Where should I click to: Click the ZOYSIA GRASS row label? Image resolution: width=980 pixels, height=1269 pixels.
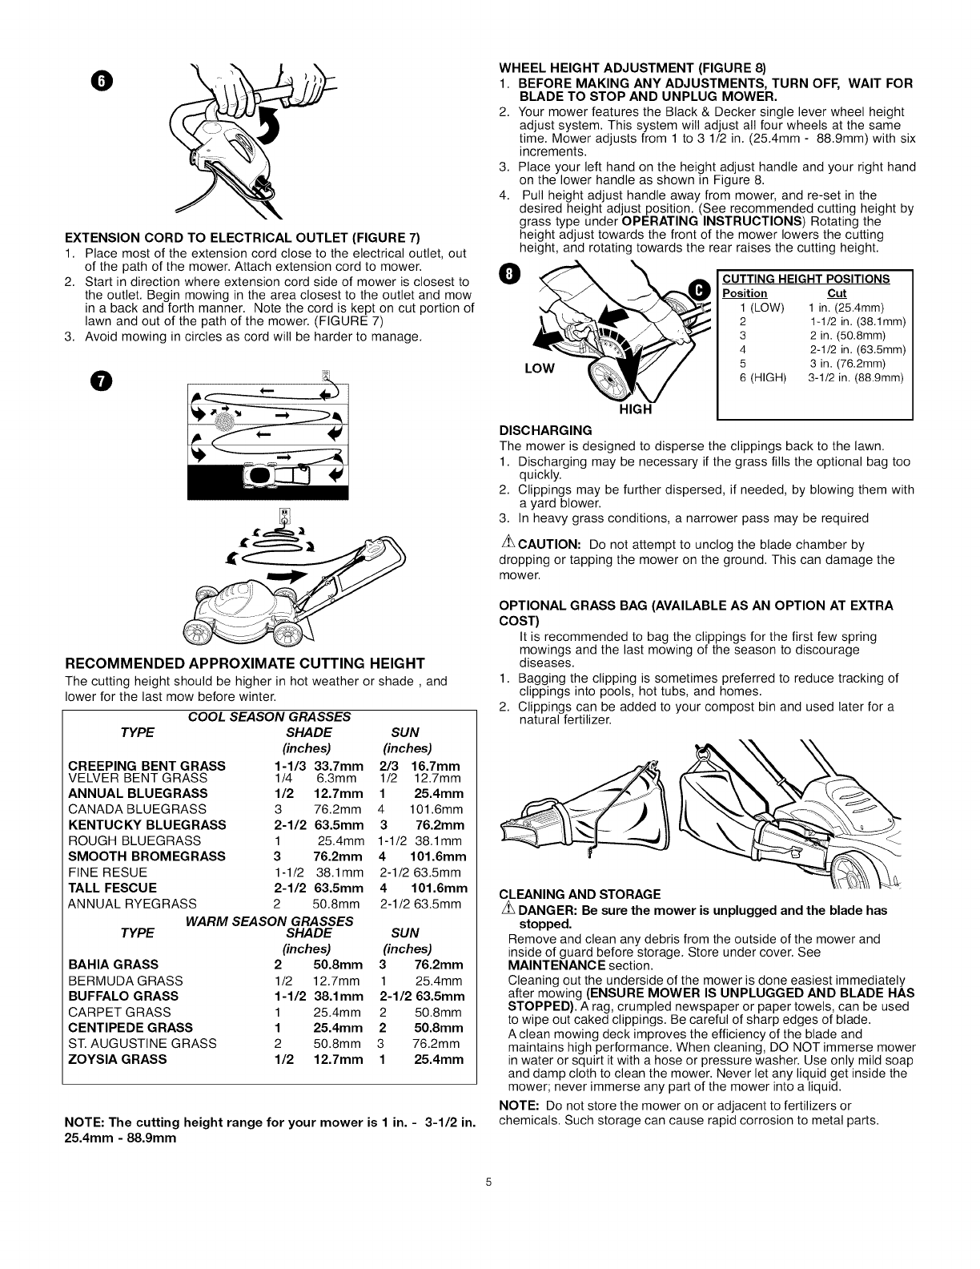coord(118,1058)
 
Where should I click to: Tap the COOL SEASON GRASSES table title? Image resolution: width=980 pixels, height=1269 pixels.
coord(269,715)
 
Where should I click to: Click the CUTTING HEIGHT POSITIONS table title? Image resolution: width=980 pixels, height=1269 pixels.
coord(805,279)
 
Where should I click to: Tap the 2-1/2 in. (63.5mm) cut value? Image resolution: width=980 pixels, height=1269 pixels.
coord(856,349)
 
